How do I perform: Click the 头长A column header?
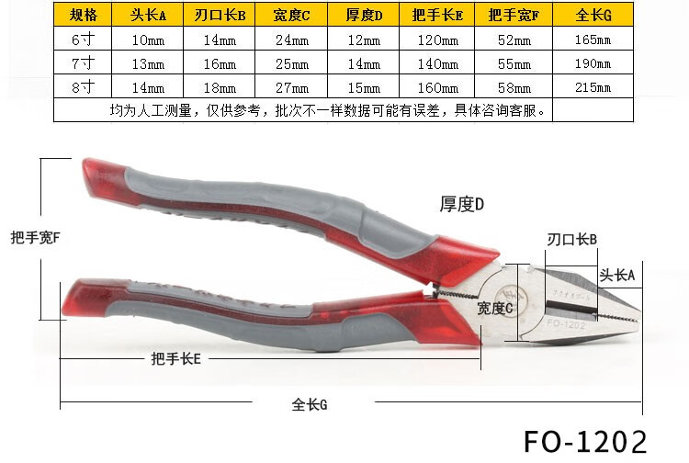[147, 16]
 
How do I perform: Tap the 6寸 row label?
[83, 40]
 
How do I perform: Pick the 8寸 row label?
[83, 88]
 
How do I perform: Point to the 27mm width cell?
[292, 88]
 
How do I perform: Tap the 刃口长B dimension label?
[572, 240]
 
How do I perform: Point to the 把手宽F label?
[34, 237]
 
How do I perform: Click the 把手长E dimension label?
[175, 358]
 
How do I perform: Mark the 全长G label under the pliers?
[310, 404]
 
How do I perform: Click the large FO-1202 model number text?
[585, 440]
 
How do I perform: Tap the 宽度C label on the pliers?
[494, 309]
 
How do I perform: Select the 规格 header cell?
[83, 16]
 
